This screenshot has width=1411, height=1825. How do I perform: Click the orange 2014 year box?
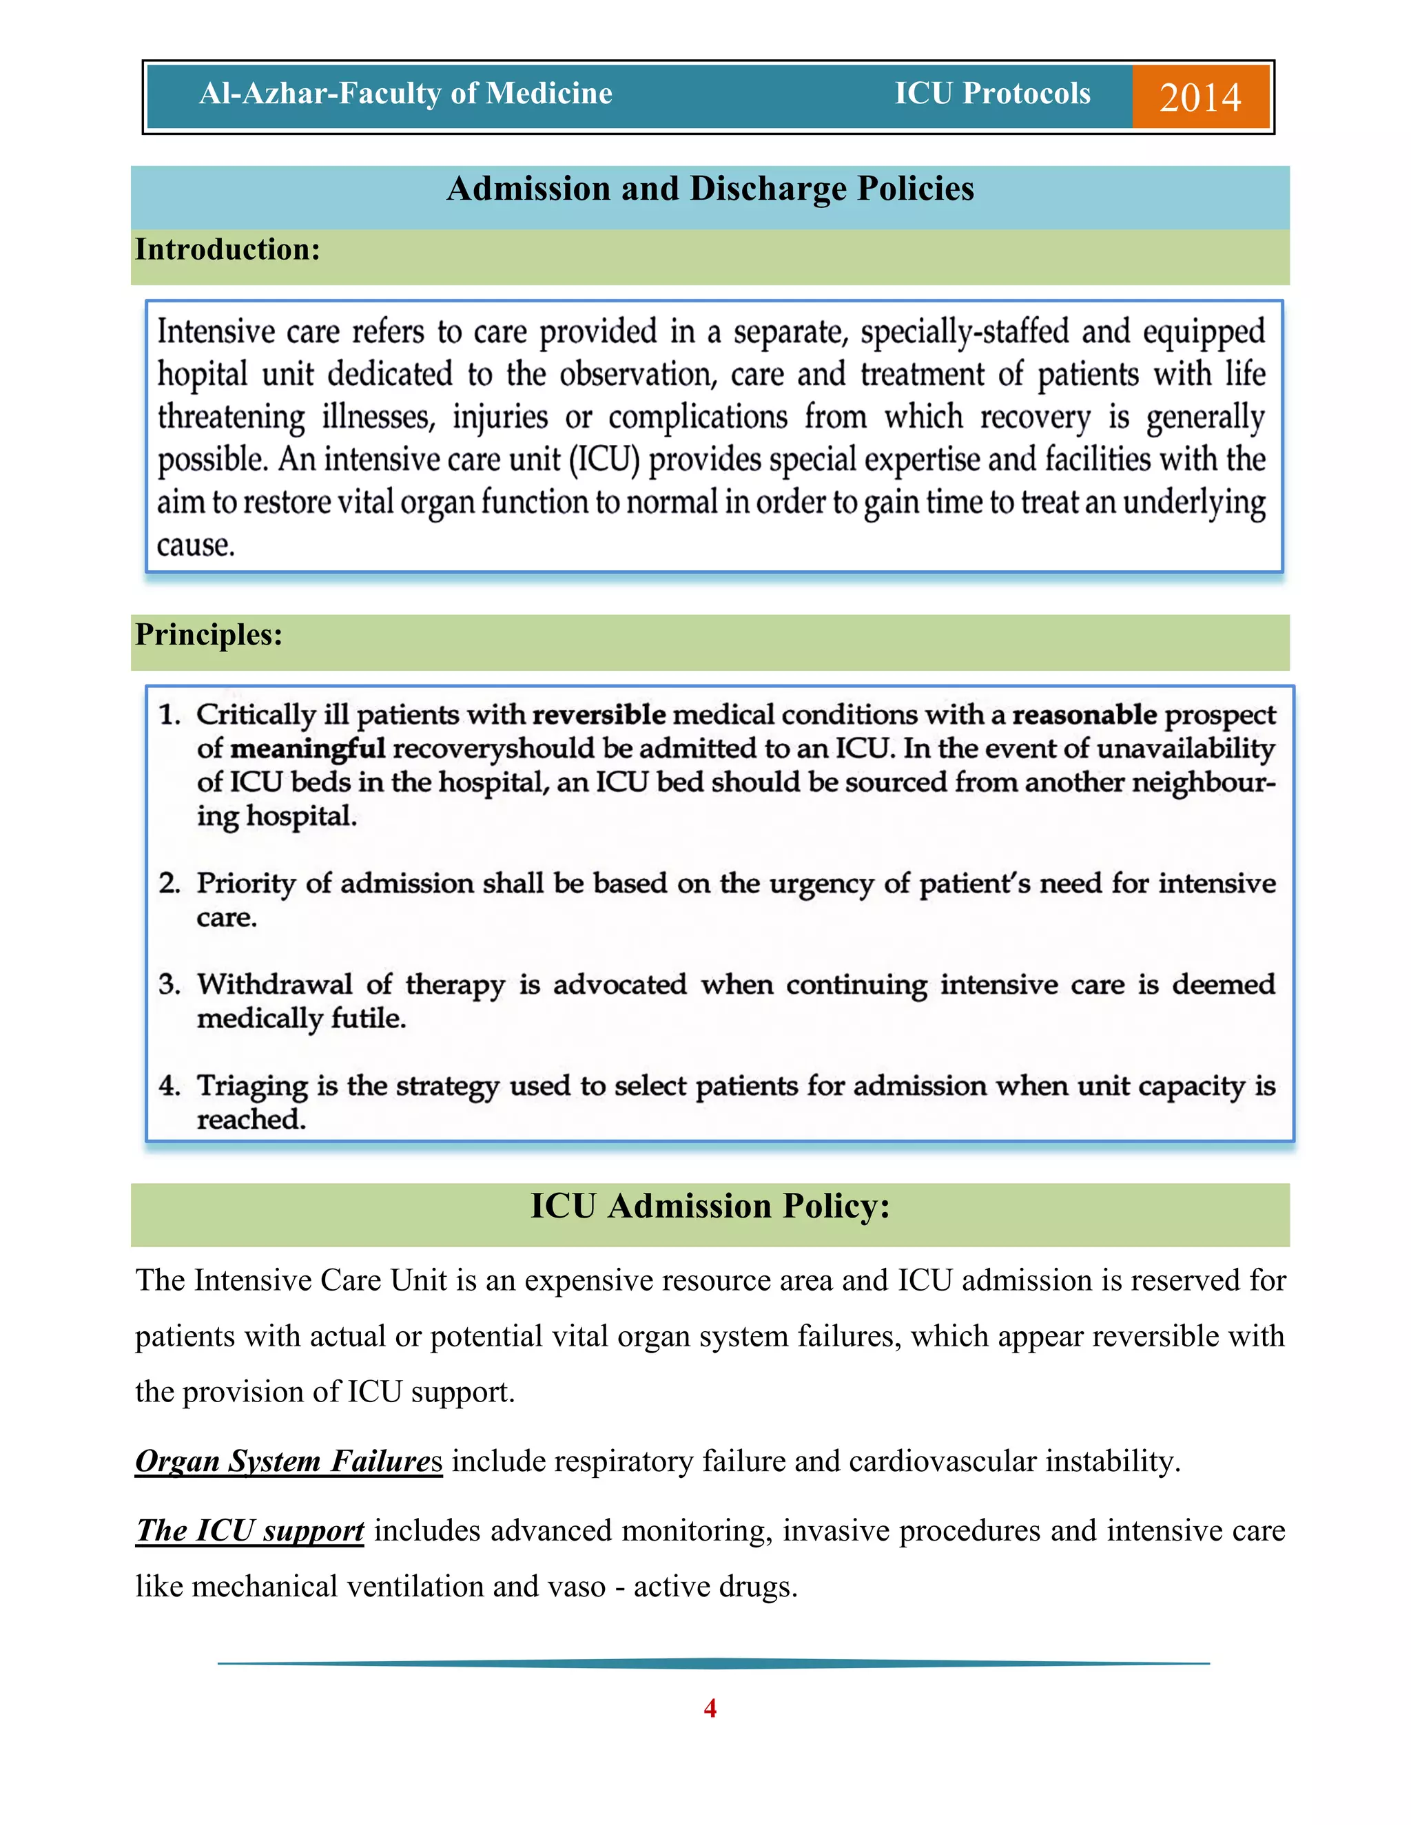click(x=1199, y=97)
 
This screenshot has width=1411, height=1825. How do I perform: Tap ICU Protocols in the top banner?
click(x=992, y=94)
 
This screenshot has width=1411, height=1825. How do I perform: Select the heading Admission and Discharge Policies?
click(x=710, y=189)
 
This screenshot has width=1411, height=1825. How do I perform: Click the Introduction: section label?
click(x=227, y=250)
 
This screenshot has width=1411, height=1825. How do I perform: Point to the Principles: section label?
click(x=209, y=634)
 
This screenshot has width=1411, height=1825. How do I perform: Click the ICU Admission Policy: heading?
click(x=710, y=1206)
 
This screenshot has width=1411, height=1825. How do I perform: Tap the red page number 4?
click(x=710, y=1708)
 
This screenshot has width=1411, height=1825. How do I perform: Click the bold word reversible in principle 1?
click(x=599, y=714)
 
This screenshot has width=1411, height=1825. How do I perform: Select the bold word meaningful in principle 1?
click(x=307, y=748)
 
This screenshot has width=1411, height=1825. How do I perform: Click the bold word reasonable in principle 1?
click(x=1084, y=714)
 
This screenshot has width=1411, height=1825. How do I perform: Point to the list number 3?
click(x=169, y=984)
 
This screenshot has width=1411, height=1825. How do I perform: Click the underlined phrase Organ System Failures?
click(x=289, y=1461)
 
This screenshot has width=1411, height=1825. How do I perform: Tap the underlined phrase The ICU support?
click(x=250, y=1530)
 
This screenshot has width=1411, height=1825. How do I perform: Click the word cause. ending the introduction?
click(x=196, y=545)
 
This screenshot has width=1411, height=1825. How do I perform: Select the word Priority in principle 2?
click(x=246, y=884)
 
